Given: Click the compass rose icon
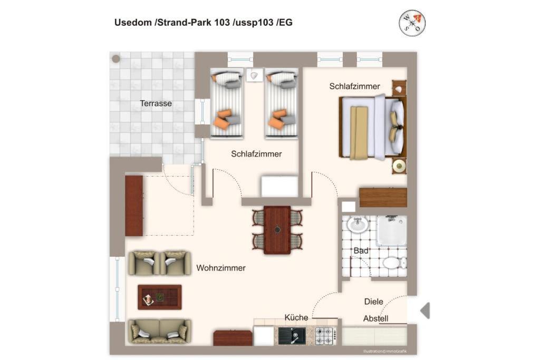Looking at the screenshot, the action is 412,23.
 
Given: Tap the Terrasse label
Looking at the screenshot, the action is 156,103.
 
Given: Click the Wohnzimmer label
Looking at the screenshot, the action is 221,268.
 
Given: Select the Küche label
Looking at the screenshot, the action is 296,317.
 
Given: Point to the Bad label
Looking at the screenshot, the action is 361,250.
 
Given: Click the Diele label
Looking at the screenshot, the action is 374,301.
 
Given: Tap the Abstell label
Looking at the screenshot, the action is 375,319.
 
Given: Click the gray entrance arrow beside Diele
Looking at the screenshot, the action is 425,310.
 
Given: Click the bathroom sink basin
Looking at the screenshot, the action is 358,225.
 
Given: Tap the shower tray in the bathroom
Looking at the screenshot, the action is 392,230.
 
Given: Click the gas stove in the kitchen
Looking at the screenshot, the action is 326,336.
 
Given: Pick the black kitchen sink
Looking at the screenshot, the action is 292,336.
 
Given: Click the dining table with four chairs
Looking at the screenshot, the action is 277,230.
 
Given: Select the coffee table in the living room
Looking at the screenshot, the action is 159,297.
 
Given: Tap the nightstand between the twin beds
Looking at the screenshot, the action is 255,75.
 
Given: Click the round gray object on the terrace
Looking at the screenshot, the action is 116,59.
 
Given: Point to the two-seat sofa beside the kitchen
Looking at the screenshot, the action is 159,332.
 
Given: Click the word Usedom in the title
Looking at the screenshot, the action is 133,23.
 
